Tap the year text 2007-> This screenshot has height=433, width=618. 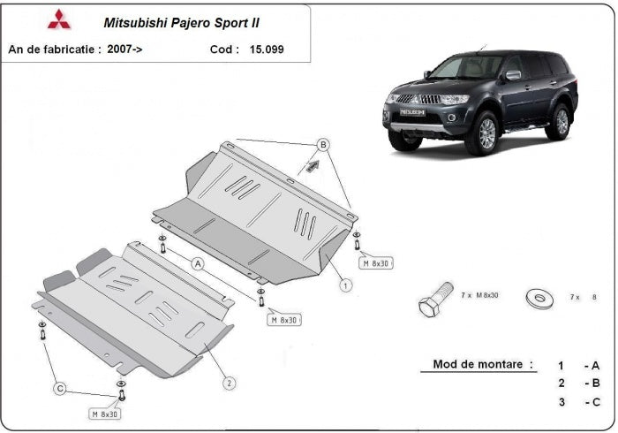pos(124,50)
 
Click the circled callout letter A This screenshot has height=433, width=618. pos(198,263)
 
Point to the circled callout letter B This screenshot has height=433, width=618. pos(323,144)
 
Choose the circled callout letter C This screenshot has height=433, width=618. pos(60,388)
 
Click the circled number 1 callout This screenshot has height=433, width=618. pos(346,285)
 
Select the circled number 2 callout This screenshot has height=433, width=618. pos(229,383)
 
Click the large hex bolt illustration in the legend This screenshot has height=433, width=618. pos(433,301)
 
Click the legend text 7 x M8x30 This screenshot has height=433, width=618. pos(479,295)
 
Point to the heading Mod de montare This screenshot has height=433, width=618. pos(483,364)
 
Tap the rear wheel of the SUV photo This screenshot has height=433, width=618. pos(558,119)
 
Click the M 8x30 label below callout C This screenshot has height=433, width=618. pos(105,413)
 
